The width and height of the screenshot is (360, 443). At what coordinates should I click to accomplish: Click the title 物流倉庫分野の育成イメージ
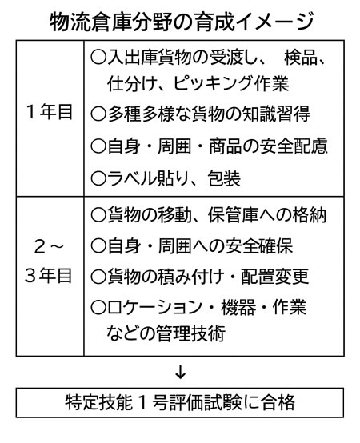tap(182, 22)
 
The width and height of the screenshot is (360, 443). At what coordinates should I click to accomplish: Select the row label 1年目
tap(50, 112)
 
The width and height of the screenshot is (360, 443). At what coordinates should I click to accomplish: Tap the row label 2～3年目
tap(49, 261)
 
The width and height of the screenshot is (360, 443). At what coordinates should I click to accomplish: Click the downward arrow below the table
tap(180, 373)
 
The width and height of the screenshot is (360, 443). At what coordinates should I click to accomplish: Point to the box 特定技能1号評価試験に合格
tap(180, 402)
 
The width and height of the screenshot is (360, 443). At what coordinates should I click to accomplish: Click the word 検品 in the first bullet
tap(300, 58)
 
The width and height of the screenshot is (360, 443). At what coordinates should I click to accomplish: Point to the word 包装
tap(224, 178)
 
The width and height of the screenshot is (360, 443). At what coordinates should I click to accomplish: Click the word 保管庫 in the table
tap(233, 215)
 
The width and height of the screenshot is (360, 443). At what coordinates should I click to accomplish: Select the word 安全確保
tap(259, 245)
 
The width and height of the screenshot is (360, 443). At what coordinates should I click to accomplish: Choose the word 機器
tap(238, 307)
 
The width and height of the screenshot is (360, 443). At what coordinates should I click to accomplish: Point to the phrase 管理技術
tap(191, 333)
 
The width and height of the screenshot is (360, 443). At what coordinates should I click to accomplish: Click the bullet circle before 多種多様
tap(98, 114)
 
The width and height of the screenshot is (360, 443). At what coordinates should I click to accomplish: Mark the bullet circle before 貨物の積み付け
tap(98, 277)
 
